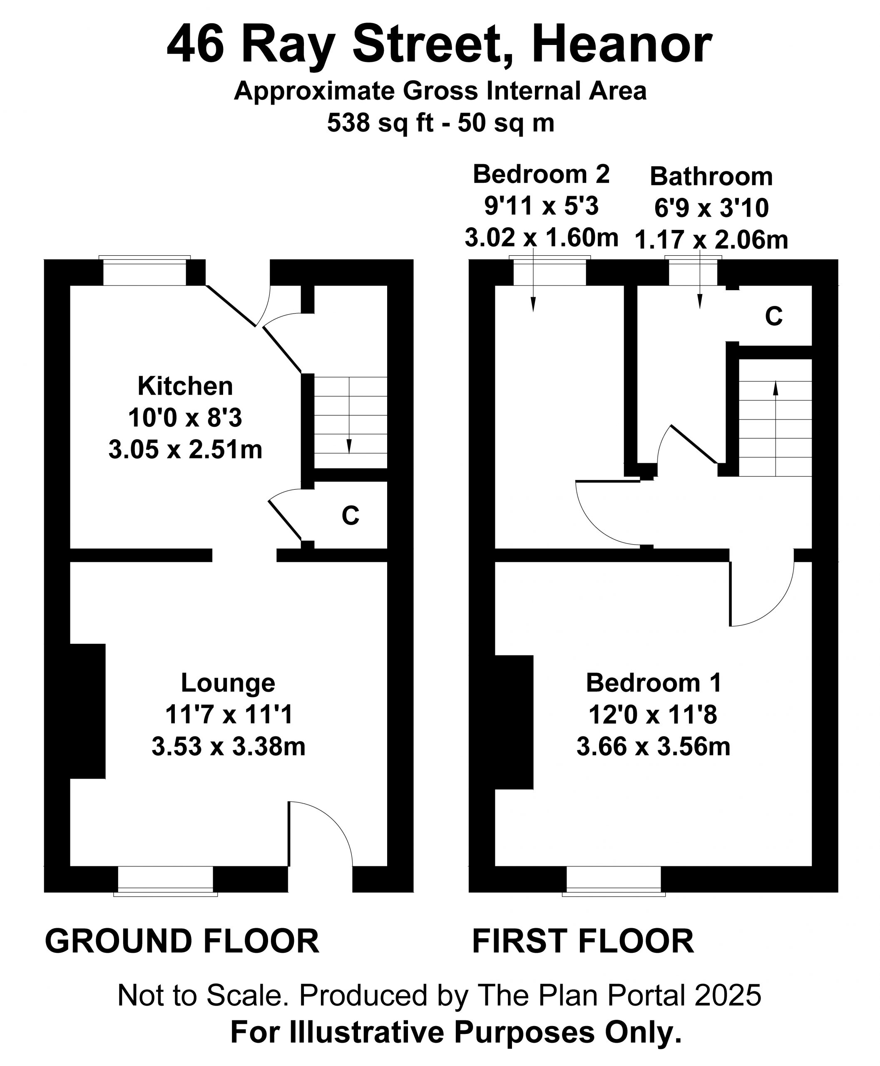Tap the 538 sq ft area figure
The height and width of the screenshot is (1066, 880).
click(380, 123)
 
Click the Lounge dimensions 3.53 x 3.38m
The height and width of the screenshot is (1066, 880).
click(229, 747)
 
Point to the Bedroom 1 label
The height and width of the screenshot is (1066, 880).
click(654, 682)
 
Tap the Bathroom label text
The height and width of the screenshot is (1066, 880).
click(711, 177)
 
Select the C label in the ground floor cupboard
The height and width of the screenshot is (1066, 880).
click(350, 516)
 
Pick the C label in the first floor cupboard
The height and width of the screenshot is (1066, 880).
click(773, 316)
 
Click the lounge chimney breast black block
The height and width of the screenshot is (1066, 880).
click(87, 711)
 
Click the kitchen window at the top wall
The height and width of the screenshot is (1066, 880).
click(145, 271)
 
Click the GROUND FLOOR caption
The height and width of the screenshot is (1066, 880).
click(182, 941)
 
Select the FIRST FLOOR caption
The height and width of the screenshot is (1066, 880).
click(583, 941)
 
